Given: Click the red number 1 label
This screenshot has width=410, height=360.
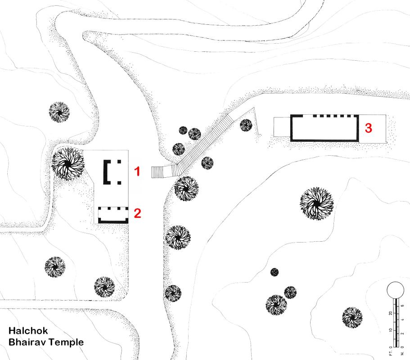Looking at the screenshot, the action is pyautogui.click(x=137, y=171).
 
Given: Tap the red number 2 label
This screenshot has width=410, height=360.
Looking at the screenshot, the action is pyautogui.click(x=138, y=213).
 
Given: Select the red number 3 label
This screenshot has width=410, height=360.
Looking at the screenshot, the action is pyautogui.click(x=369, y=128).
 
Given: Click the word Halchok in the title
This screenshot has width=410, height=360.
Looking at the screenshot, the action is pyautogui.click(x=28, y=331).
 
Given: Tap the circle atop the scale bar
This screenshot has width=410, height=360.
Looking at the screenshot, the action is pyautogui.click(x=395, y=290).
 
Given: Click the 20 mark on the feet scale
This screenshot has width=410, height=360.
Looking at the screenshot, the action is pyautogui.click(x=391, y=313).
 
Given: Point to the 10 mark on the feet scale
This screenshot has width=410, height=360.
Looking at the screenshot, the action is pyautogui.click(x=391, y=330).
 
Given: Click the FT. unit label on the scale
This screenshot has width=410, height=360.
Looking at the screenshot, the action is pyautogui.click(x=391, y=353).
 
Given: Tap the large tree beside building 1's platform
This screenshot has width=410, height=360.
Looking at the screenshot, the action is pyautogui.click(x=68, y=164).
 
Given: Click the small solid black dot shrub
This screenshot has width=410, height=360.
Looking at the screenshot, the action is pyautogui.click(x=274, y=272).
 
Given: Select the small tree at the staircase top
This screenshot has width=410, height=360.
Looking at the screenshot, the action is pyautogui.click(x=246, y=125).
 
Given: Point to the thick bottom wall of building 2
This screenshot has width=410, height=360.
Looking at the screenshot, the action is pyautogui.click(x=113, y=222).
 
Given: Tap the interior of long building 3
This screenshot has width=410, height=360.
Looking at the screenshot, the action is pyautogui.click(x=324, y=129).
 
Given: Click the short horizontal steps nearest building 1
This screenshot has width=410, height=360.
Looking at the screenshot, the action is pyautogui.click(x=158, y=172).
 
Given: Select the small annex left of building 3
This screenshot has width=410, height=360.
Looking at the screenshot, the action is pyautogui.click(x=282, y=127).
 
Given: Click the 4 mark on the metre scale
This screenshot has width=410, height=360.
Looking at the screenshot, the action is pyautogui.click(x=402, y=319).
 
